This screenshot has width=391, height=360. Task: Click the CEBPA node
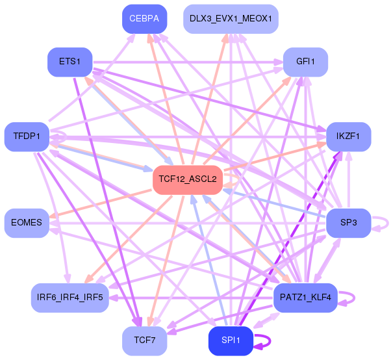point(145,19)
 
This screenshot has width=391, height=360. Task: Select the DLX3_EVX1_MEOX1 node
point(231,19)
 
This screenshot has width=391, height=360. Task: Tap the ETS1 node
point(70,62)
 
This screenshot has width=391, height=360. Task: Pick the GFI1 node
point(305,62)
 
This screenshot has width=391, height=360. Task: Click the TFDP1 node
point(27,136)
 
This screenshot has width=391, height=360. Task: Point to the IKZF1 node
point(348,136)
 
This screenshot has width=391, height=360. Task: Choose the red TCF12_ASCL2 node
point(188,179)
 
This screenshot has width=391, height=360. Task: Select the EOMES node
point(27,223)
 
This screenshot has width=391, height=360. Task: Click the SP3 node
point(348,223)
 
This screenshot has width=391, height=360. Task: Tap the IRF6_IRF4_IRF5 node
point(70,298)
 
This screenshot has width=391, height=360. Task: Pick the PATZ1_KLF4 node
point(305,298)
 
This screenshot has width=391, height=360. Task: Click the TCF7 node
point(145,341)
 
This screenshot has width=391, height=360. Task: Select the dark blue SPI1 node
point(231,341)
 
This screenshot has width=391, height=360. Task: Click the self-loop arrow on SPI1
point(270,341)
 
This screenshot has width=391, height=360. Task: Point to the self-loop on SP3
point(388,223)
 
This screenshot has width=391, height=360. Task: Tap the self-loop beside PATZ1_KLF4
point(355,298)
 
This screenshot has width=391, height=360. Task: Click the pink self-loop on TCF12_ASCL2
point(240,179)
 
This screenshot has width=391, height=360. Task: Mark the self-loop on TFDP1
point(66,136)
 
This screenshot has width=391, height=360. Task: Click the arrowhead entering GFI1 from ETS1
point(279,62)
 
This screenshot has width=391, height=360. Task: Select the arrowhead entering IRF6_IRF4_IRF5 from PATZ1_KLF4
point(114,298)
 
